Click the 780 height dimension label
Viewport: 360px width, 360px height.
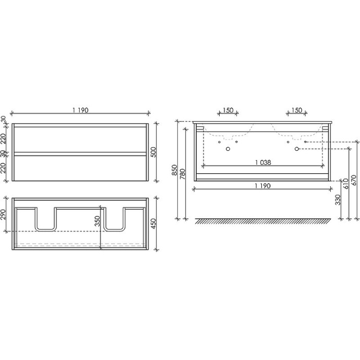click(x=183, y=173)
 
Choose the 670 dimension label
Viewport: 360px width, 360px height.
click(x=353, y=180)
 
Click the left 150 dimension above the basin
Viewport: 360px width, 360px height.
click(x=227, y=110)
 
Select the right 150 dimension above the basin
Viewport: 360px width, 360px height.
click(x=296, y=110)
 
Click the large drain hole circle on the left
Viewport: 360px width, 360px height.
click(x=227, y=149)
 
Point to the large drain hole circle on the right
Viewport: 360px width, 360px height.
click(x=297, y=149)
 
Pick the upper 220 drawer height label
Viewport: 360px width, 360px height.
click(x=5, y=139)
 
